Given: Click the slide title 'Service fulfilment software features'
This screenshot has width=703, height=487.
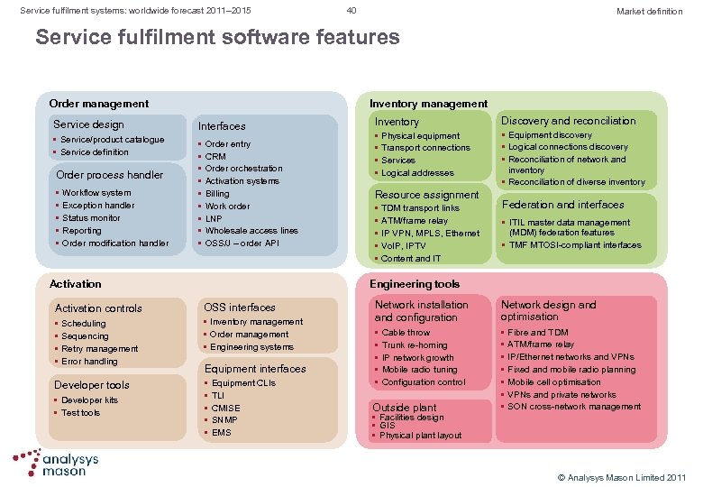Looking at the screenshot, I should click(216, 37).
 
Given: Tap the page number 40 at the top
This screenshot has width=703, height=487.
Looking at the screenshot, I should click(351, 11).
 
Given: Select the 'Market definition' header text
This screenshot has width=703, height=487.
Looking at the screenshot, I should click(649, 11).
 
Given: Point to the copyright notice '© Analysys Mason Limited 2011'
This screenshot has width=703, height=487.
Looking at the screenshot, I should click(621, 475).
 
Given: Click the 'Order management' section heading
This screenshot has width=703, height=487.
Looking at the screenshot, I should click(98, 104).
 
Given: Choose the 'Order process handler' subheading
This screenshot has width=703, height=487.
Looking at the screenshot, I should click(109, 175).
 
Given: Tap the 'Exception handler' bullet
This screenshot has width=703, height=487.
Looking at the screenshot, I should click(98, 205).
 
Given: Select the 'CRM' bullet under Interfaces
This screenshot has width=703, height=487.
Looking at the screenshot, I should click(215, 156).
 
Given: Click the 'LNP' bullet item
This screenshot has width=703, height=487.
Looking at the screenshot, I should click(215, 218).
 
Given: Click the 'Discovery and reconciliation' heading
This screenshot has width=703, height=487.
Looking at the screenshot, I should click(568, 121).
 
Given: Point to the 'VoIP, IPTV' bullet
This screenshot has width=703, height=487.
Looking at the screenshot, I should click(404, 245).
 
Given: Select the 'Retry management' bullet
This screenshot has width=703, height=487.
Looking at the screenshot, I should click(100, 348).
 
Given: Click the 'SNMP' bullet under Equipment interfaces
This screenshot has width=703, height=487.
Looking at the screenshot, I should click(225, 419).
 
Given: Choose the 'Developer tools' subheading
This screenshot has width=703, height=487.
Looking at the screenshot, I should click(92, 385).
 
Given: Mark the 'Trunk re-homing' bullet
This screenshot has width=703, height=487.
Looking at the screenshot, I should click(415, 345).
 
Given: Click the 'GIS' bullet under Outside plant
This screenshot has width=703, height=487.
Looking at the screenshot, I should click(387, 426).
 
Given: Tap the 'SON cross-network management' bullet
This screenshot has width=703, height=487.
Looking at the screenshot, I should click(574, 406).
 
